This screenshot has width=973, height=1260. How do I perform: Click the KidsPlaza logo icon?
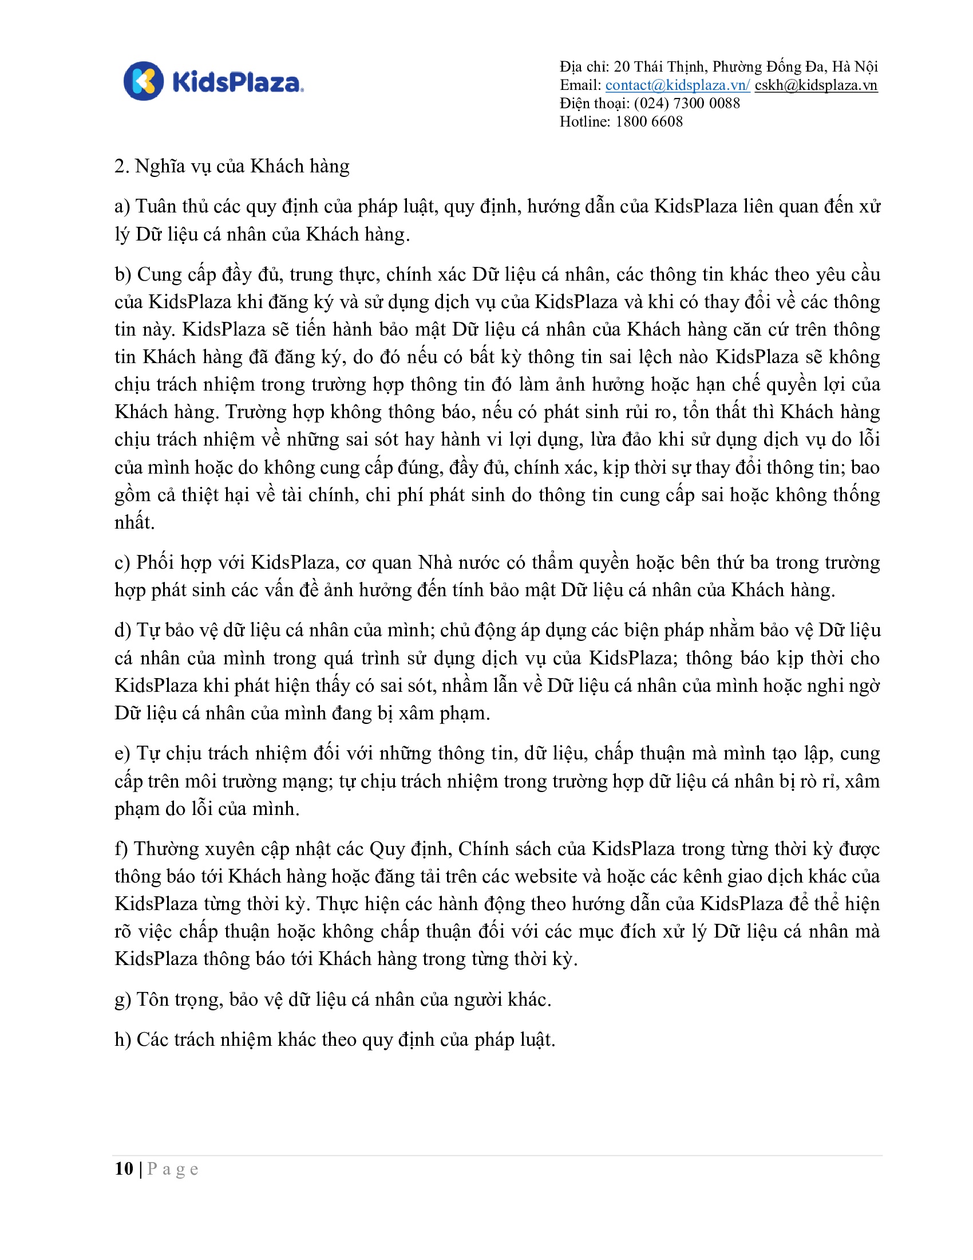click(x=144, y=81)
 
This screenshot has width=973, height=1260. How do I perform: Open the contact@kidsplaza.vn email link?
click(x=677, y=85)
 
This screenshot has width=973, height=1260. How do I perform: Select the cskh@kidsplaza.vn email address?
click(x=816, y=85)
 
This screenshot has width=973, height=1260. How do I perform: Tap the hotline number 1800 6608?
click(x=649, y=122)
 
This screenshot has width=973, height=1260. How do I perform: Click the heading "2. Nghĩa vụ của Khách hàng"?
click(x=232, y=166)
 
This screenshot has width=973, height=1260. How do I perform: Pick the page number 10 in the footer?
click(x=124, y=1169)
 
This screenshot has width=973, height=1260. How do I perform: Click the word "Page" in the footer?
click(x=173, y=1169)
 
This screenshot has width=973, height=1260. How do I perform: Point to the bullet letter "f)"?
click(x=121, y=849)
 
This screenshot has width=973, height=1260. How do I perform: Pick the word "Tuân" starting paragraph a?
click(x=156, y=207)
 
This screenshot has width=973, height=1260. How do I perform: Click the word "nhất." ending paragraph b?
click(x=135, y=523)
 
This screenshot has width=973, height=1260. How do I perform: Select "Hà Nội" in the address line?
click(x=855, y=67)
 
